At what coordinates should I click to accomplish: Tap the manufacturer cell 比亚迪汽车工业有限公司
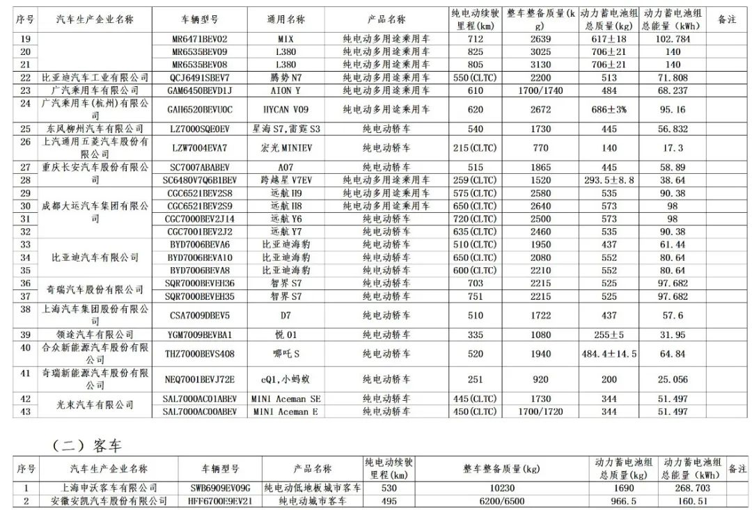(x=95, y=77)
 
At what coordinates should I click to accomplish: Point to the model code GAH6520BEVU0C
(x=199, y=109)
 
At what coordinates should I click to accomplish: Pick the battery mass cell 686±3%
(x=609, y=109)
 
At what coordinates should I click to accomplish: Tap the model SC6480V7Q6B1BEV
(x=199, y=180)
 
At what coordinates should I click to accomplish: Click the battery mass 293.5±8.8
(x=609, y=180)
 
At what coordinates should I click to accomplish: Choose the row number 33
(x=26, y=244)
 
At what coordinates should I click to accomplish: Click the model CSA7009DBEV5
(x=199, y=314)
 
